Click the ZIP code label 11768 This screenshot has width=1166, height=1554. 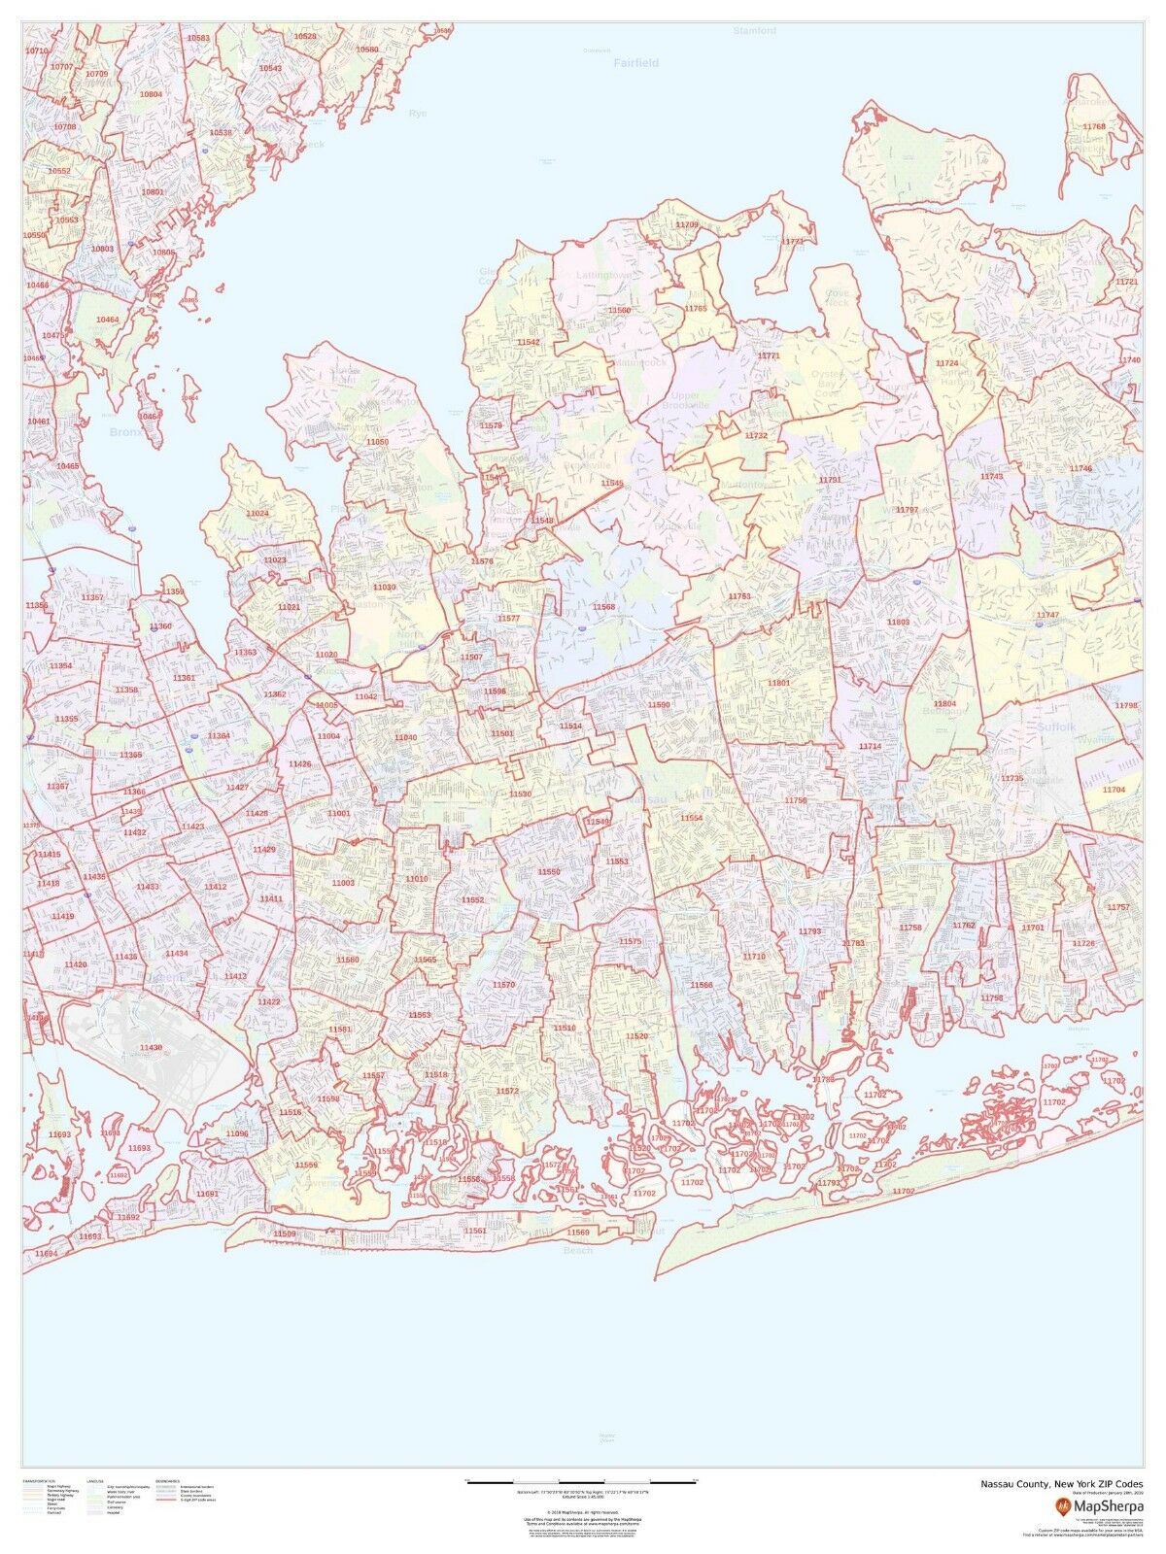coord(1094,127)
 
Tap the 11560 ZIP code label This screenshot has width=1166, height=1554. coord(619,310)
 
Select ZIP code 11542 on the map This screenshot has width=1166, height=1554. coord(529,343)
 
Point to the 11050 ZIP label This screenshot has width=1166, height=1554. coord(377,442)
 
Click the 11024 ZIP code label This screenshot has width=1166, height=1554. coord(257,513)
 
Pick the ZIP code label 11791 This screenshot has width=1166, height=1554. coord(830,480)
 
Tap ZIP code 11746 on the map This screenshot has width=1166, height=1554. coord(1080,469)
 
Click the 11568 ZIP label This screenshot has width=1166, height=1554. coord(604,607)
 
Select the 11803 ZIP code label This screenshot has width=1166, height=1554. coord(898,621)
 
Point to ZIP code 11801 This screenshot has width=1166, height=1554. coord(778,684)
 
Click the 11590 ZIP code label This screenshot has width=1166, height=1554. coord(659,704)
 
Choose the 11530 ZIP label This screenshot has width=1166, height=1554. coord(520,794)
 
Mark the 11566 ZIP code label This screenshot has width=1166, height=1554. coord(702,985)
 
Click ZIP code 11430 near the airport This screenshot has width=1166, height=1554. coord(152,1048)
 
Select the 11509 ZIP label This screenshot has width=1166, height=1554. coord(285,1233)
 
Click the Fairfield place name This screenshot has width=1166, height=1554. coord(635,63)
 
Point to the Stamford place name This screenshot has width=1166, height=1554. coord(755,31)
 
